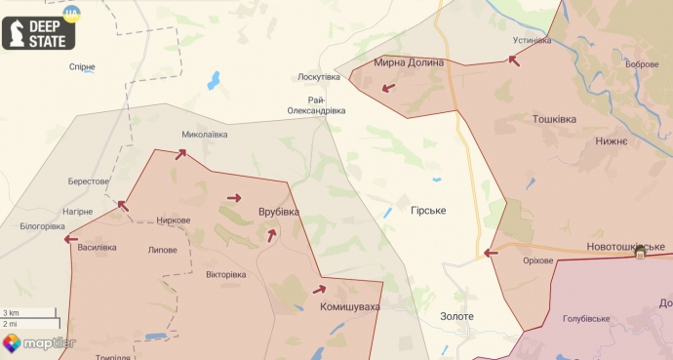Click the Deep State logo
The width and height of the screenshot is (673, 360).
click(39, 31)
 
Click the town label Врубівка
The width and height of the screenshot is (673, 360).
click(279, 212)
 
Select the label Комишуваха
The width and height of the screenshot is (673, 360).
click(350, 307)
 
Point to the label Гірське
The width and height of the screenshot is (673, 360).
click(428, 211)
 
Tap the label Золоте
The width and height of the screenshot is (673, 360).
click(456, 316)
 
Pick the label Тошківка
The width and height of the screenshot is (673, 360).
click(554, 119)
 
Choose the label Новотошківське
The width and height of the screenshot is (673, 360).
click(626, 247)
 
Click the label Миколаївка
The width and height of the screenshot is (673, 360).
click(204, 136)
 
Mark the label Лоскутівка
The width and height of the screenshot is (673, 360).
click(319, 76)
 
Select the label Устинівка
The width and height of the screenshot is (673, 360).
click(533, 40)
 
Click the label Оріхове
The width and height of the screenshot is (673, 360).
click(537, 260)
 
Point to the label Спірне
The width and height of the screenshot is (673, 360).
click(83, 67)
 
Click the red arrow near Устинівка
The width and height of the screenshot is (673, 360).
click(513, 60)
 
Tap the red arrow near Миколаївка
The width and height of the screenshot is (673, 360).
click(180, 153)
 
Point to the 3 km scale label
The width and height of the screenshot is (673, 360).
click(10, 312)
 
